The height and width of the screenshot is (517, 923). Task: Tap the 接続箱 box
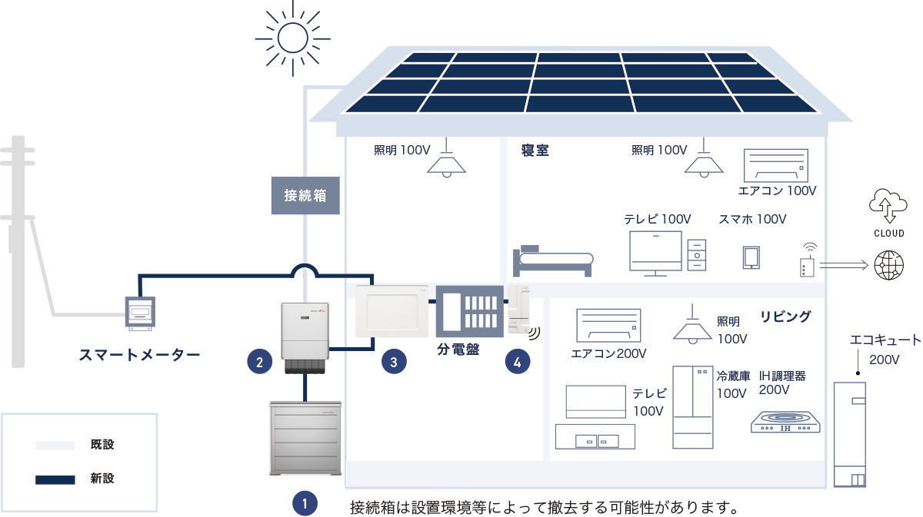click(x=305, y=195)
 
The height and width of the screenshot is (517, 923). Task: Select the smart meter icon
click(x=140, y=313)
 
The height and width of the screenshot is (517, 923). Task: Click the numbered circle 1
click(x=305, y=505)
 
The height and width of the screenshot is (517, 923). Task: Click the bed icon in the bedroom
click(x=552, y=262)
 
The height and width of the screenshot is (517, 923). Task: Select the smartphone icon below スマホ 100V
click(x=751, y=257)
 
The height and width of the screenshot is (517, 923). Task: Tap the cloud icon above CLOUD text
click(x=887, y=204)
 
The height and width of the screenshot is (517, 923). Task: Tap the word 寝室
click(x=535, y=151)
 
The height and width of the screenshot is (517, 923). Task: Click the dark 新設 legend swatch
click(x=55, y=479)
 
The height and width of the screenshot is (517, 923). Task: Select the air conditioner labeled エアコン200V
click(x=608, y=325)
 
